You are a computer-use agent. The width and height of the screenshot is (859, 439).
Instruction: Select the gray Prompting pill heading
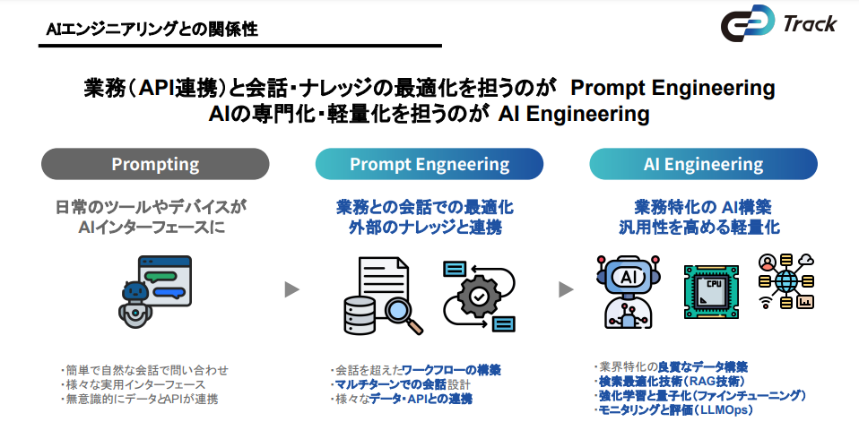pyautogui.click(x=155, y=165)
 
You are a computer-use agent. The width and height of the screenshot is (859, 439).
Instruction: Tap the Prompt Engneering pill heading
pyautogui.click(x=429, y=165)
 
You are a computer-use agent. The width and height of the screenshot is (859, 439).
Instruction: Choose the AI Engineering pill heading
pyautogui.click(x=703, y=165)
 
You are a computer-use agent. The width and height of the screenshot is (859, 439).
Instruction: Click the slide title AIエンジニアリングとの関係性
pyautogui.click(x=152, y=30)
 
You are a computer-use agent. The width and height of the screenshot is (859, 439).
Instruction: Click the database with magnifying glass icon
pyautogui.click(x=377, y=296)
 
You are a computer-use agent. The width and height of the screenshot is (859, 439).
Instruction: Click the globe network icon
pyautogui.click(x=785, y=281)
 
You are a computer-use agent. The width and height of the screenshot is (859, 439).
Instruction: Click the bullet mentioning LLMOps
pyautogui.click(x=673, y=409)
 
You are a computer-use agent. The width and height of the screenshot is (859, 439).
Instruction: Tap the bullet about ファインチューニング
pyautogui.click(x=700, y=395)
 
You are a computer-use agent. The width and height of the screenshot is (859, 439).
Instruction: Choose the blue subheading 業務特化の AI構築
pyautogui.click(x=702, y=207)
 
